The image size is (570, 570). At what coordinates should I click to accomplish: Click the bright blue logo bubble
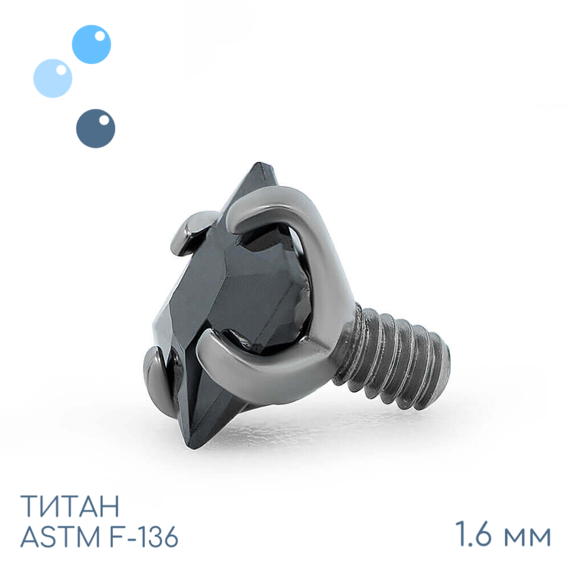pyautogui.click(x=91, y=44)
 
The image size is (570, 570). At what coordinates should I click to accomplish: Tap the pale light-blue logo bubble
pyautogui.click(x=52, y=78)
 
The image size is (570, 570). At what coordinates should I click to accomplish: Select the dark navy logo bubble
pyautogui.click(x=96, y=128)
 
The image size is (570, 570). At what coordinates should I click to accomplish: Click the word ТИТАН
pyautogui.click(x=70, y=506)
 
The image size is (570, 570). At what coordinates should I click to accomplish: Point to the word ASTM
pyautogui.click(x=60, y=536)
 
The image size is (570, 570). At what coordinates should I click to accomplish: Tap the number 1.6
pyautogui.click(x=474, y=534)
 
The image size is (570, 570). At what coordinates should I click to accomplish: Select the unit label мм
pyautogui.click(x=526, y=536)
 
